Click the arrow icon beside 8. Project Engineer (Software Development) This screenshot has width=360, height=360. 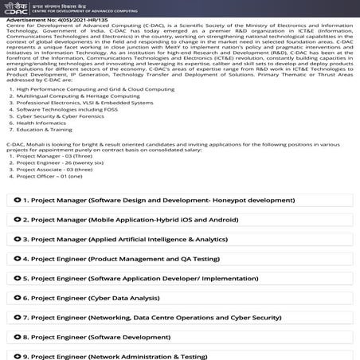pyautogui.click(x=18, y=337)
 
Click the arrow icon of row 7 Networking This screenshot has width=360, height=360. pyautogui.click(x=18, y=317)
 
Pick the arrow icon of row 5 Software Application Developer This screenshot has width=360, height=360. pyautogui.click(x=18, y=278)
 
